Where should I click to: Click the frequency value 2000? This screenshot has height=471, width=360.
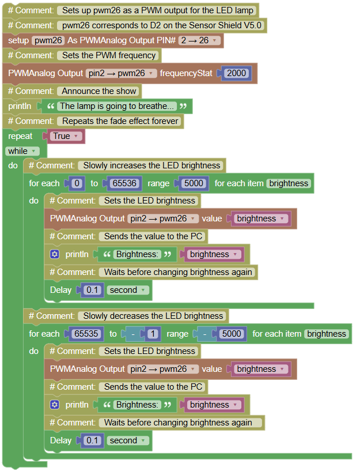coord(236,73)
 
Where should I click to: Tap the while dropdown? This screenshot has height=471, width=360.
coord(22,151)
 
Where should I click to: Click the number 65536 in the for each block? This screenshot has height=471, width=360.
coord(124,183)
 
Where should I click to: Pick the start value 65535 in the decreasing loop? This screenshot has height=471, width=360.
coord(86,334)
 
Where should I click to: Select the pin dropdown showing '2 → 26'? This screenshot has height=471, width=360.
coord(199,40)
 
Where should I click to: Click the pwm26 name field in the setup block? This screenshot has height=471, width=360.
coord(48,40)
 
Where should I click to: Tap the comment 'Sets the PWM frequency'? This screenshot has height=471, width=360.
coord(109,55)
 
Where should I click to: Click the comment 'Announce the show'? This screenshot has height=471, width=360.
coord(99,91)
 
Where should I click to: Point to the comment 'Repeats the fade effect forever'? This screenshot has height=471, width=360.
coord(120,121)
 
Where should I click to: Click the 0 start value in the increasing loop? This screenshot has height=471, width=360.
coord(77,183)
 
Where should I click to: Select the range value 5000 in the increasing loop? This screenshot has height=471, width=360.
coord(194,183)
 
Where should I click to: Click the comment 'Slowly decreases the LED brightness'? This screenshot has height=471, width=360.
coord(153,316)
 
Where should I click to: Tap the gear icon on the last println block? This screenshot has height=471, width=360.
coord(55,405)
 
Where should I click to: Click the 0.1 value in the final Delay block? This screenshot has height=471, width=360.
coord(92,440)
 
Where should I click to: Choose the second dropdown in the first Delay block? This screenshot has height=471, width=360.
coord(127,290)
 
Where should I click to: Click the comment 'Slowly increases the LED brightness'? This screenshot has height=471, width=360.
coord(151,165)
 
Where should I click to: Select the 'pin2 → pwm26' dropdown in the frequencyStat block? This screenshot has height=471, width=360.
coord(121,73)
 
